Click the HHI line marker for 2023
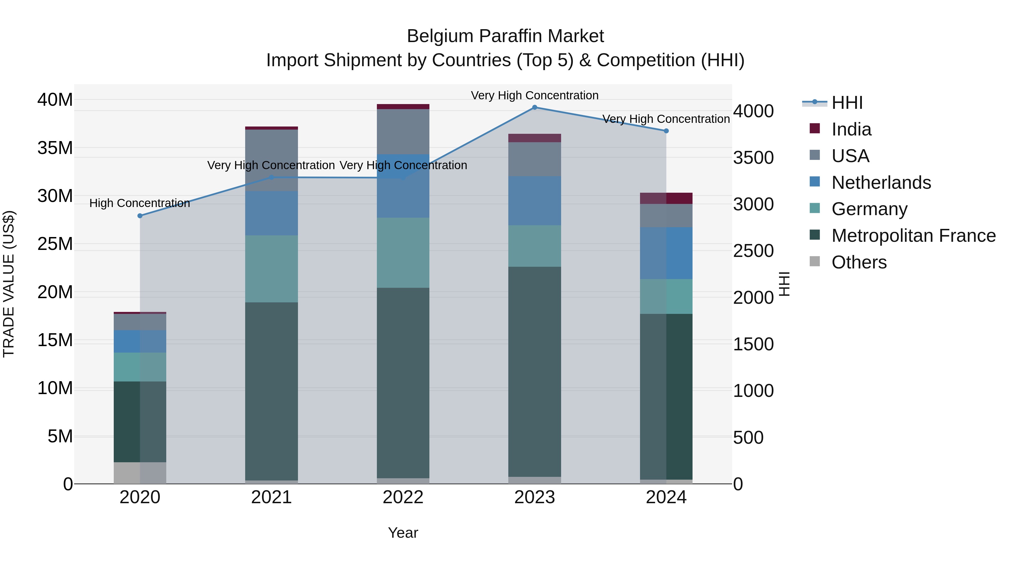(x=534, y=107)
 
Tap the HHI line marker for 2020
(x=140, y=216)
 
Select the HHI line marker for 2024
(x=666, y=131)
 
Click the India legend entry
(x=851, y=129)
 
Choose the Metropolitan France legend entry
(x=913, y=236)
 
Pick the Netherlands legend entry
(x=881, y=183)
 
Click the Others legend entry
(x=859, y=262)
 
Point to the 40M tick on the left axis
(x=55, y=100)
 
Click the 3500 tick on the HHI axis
(x=753, y=158)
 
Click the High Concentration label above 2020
(x=140, y=203)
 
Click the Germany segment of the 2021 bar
(x=271, y=269)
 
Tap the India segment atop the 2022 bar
(x=403, y=107)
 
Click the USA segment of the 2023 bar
(x=534, y=159)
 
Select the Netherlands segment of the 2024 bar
(x=666, y=253)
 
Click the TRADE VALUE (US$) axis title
(x=9, y=284)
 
